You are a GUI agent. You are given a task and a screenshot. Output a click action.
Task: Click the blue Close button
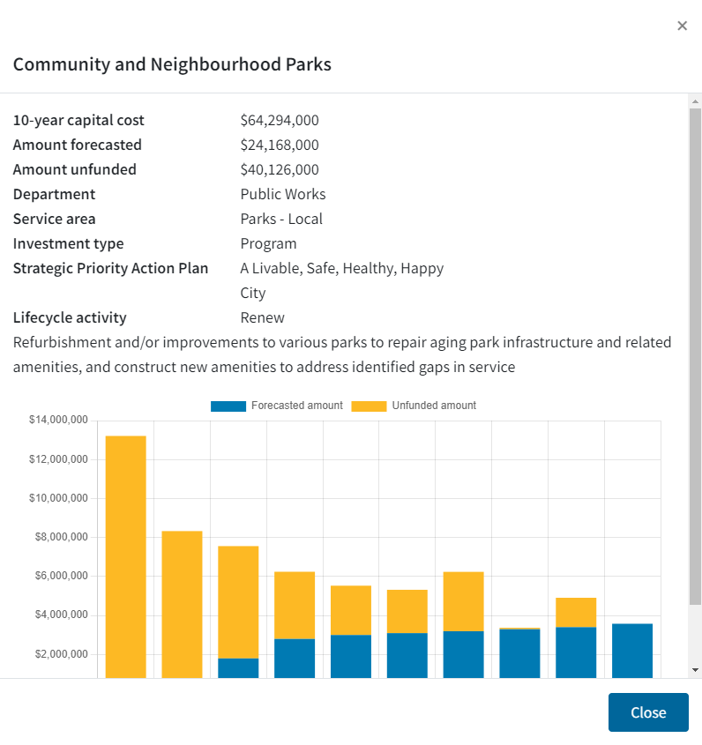[647, 712]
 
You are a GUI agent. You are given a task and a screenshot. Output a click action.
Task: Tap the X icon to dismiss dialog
[682, 26]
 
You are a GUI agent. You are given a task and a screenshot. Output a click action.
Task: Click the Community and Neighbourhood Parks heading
[172, 64]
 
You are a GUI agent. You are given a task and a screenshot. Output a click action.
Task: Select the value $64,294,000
[280, 120]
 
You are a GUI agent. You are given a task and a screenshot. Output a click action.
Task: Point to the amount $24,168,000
[280, 145]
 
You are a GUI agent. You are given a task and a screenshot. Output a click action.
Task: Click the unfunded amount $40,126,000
[280, 169]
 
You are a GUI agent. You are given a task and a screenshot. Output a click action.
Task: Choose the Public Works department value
[283, 194]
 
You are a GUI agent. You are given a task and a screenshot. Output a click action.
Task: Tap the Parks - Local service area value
[281, 219]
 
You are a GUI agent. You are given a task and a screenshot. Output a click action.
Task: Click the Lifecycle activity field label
[70, 317]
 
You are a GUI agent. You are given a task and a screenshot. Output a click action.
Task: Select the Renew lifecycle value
[262, 317]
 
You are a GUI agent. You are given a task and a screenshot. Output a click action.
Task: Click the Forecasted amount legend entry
[277, 406]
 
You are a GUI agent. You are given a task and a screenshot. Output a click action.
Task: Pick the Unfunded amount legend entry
[414, 406]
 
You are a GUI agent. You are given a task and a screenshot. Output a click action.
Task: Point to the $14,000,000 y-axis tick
[58, 421]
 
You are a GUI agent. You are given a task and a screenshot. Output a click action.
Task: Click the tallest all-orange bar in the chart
[125, 555]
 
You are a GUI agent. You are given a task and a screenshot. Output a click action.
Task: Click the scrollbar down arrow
[695, 670]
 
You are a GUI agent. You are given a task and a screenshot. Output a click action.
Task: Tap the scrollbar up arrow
[695, 101]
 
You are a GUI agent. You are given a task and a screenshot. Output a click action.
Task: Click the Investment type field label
[68, 243]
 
